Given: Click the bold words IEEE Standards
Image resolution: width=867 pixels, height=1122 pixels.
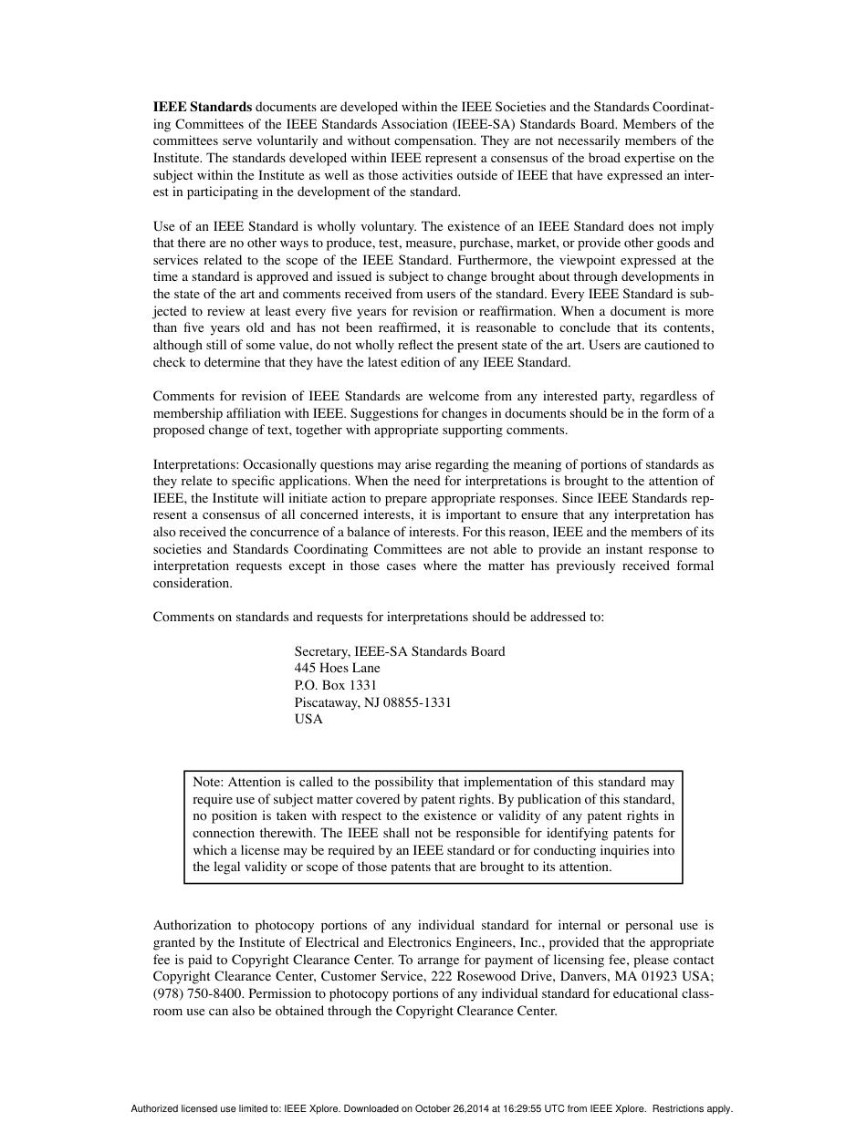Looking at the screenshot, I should (x=203, y=107).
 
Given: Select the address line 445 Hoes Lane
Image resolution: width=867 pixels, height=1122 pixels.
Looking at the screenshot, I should (x=337, y=668).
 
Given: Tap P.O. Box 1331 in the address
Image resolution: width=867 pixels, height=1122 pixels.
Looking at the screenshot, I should (x=335, y=685).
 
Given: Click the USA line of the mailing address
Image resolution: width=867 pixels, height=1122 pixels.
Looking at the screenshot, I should (x=308, y=719).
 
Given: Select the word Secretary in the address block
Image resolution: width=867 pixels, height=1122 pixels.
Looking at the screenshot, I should (x=321, y=651).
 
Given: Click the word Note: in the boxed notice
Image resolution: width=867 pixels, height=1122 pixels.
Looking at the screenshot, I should (x=208, y=782).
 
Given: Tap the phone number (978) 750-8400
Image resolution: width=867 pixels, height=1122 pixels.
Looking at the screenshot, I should (x=198, y=994).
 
